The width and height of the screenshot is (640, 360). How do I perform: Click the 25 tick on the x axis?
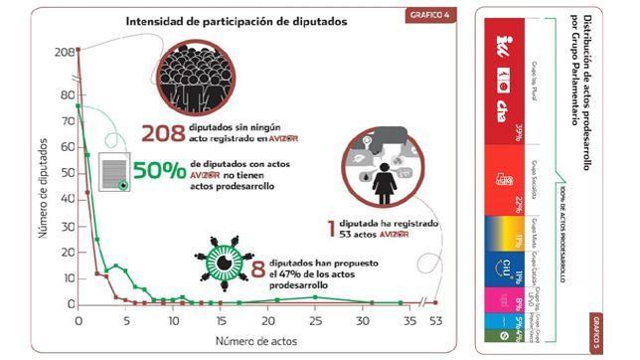pos(315,321)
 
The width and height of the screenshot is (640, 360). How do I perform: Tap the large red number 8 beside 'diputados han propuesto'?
pos(258,269)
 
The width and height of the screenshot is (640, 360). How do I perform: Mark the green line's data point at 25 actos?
pos(315,296)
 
